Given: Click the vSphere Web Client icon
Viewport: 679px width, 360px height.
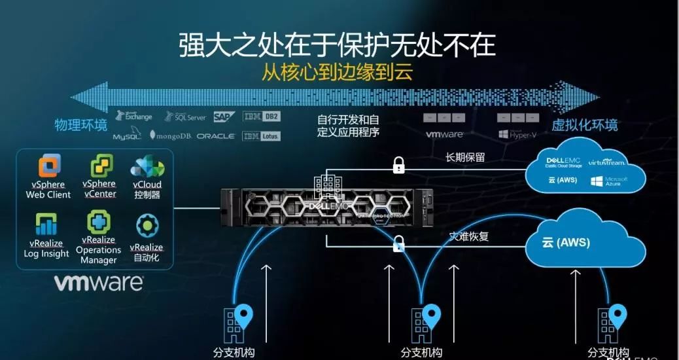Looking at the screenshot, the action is coord(50,166).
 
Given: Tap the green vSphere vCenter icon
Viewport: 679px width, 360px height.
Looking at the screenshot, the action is coord(101,166).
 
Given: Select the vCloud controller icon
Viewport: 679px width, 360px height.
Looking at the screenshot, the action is coord(147,166).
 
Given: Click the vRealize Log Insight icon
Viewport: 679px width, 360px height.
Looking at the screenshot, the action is coord(46,224).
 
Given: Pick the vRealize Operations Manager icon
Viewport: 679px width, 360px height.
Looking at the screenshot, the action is coord(99,223).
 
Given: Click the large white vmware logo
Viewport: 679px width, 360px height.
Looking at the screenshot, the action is coord(98,283).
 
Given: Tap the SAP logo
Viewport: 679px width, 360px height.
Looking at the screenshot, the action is coord(224,117).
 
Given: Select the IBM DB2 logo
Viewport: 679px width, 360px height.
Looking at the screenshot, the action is coord(262,117).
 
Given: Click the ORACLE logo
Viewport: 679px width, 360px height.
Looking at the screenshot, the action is coord(215,136).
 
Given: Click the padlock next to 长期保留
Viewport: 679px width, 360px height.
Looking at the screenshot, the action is coord(398,165).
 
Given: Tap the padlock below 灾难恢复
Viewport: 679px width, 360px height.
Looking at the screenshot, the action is coord(398,245).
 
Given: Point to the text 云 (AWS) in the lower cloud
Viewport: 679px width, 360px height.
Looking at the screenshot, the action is coord(566,243).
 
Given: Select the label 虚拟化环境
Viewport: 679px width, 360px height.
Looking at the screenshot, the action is coord(584,125).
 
